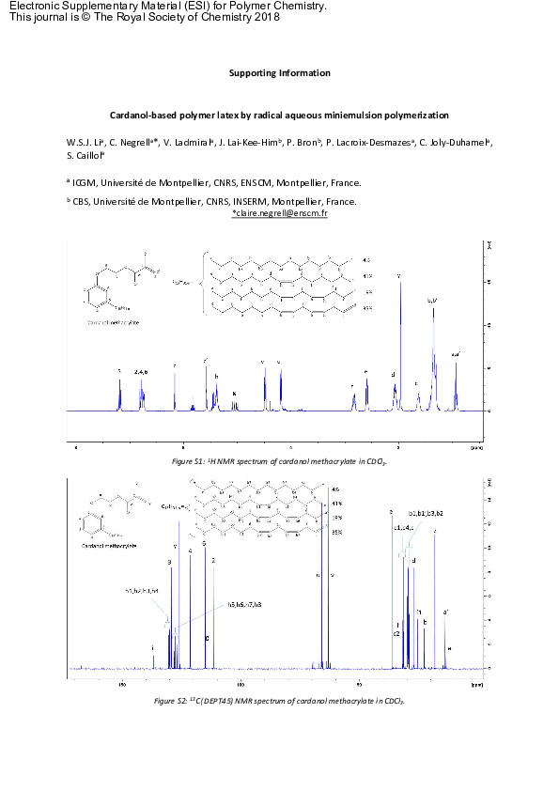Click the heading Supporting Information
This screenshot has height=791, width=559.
point(279,73)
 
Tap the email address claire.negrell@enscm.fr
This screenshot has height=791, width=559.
point(279,214)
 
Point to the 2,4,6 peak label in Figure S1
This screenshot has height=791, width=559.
point(142,372)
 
